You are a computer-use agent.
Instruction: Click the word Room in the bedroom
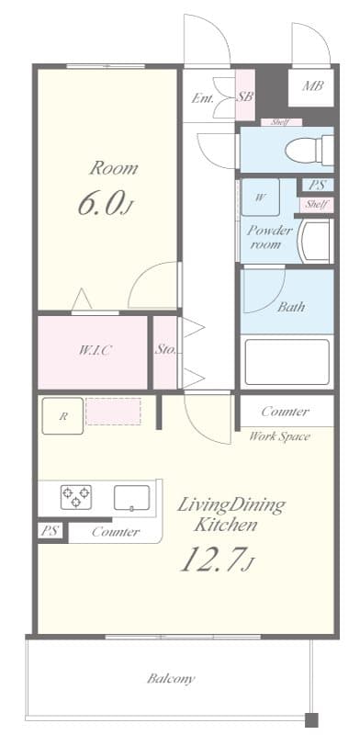(x=114, y=168)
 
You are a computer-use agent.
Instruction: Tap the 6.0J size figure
(x=106, y=204)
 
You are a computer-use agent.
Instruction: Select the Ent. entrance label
(x=203, y=97)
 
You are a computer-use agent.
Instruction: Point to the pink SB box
(x=244, y=96)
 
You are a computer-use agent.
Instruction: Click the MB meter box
(x=312, y=88)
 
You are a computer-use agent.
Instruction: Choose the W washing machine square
(x=261, y=197)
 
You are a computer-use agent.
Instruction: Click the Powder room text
(x=269, y=237)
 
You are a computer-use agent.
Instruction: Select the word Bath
(x=290, y=307)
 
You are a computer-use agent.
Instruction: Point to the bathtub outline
(x=287, y=361)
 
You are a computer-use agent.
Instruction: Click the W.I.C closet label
(x=94, y=350)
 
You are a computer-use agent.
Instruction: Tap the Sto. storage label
(x=165, y=350)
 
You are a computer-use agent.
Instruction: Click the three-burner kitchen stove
(x=76, y=497)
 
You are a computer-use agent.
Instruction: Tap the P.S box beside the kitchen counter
(x=51, y=530)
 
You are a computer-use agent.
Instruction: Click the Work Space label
(x=279, y=435)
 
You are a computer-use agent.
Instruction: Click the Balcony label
(x=171, y=679)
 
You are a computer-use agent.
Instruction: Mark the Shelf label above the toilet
(x=280, y=122)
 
